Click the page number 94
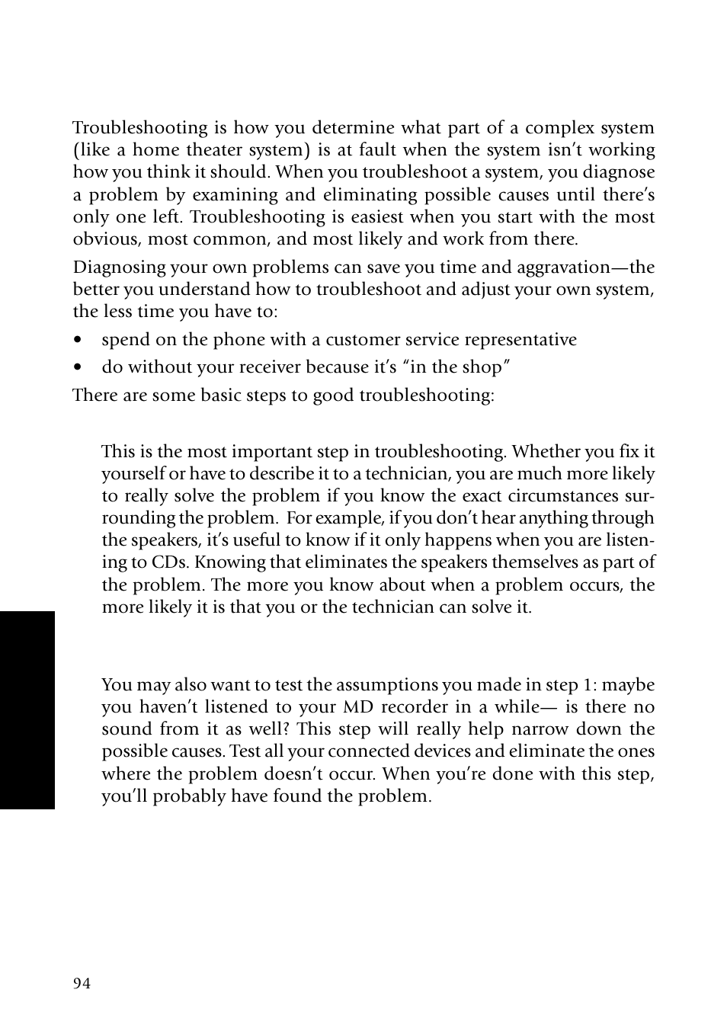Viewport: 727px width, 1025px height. tap(82, 983)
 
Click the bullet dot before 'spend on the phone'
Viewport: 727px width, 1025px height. tap(78, 340)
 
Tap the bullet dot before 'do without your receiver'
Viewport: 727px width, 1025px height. tap(78, 367)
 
